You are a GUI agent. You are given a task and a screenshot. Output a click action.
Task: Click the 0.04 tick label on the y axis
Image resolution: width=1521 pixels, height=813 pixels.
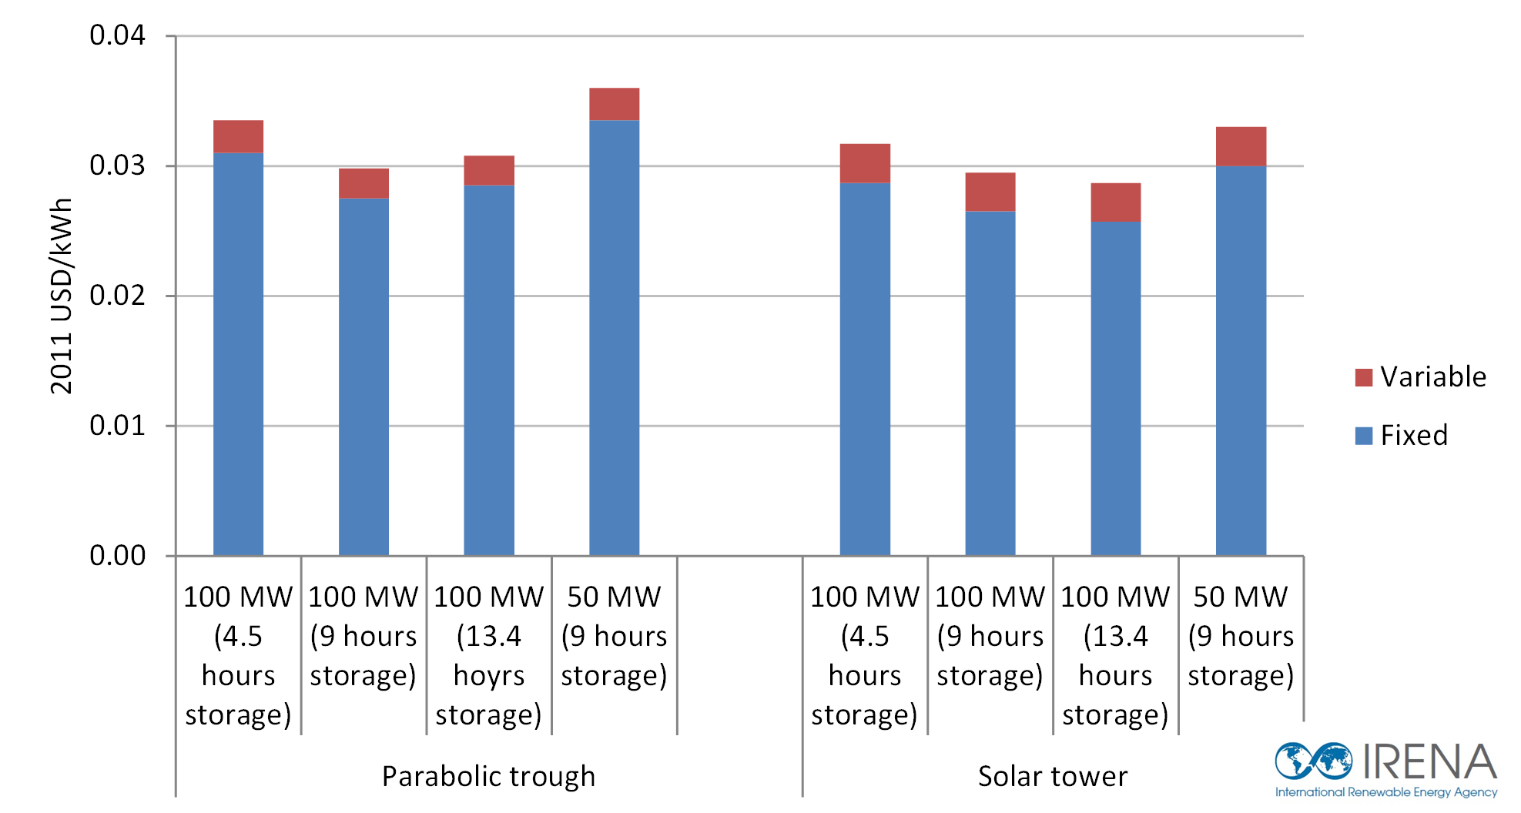coord(117,35)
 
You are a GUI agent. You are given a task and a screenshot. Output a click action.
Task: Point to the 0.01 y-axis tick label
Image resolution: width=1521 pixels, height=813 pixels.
coord(117,426)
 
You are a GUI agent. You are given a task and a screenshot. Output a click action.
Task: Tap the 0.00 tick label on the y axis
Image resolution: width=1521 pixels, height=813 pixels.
coord(117,556)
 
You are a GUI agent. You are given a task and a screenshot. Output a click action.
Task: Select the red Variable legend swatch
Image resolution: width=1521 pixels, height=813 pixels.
coord(1364,377)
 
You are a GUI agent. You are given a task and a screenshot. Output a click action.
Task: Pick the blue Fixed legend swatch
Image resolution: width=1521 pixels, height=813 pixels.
coord(1364,436)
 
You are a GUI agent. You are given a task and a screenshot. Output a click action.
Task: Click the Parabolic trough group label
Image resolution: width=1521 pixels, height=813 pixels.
coord(488,776)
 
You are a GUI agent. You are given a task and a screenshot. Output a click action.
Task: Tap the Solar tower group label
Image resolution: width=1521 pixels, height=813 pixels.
coord(1052,776)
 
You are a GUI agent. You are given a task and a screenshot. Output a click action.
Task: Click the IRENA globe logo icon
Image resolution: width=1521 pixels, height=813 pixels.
coord(1313,761)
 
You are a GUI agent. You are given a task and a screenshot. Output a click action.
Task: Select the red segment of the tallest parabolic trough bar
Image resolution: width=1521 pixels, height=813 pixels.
coord(614,104)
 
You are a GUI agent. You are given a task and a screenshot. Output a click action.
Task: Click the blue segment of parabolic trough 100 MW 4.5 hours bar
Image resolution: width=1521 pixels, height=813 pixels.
coord(238,354)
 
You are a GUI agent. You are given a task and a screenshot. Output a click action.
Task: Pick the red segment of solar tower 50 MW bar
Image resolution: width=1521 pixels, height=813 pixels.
coord(1241,146)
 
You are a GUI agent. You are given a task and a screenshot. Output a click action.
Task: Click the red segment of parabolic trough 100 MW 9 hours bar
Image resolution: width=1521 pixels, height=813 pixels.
coord(363,183)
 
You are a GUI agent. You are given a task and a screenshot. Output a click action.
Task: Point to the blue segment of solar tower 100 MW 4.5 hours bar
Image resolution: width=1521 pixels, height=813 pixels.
coord(865,370)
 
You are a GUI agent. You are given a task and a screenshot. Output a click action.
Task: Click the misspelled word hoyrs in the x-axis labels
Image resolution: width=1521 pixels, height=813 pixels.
coord(488,676)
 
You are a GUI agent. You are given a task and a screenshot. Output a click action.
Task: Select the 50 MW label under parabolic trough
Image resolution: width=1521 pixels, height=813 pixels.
coord(614,597)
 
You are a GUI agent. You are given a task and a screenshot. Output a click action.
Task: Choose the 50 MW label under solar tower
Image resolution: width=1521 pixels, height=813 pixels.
coord(1241,597)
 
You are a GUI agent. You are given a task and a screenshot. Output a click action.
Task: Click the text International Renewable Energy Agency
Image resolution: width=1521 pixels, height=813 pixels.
coord(1385,792)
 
